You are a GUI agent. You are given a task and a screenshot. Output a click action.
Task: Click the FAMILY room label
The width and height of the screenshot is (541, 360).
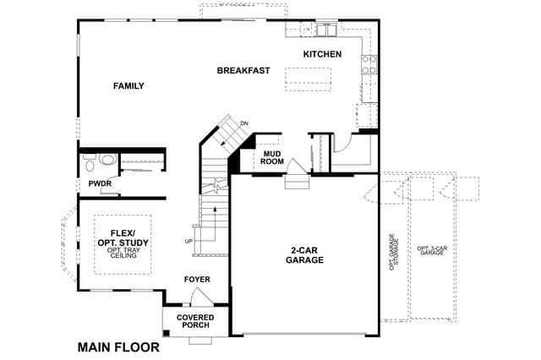tap(128, 86)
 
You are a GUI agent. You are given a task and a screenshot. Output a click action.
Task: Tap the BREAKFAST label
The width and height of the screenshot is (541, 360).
tap(243, 71)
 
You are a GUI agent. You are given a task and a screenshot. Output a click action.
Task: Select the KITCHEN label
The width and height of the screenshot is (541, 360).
tap(323, 54)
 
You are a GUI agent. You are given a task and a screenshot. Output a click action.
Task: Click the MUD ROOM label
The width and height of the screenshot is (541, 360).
tap(272, 157)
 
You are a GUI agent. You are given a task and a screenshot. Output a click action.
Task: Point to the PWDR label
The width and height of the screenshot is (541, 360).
tap(100, 183)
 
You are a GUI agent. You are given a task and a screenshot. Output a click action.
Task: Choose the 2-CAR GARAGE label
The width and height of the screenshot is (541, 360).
tap(304, 255)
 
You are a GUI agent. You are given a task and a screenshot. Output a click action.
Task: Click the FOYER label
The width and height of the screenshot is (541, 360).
tap(197, 280)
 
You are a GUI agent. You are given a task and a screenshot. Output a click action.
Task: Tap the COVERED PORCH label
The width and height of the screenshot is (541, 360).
tap(195, 321)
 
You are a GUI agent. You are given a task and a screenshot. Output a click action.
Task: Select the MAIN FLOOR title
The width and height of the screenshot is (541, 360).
tap(118, 347)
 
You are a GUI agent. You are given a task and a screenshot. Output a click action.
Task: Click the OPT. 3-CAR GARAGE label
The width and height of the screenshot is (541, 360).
tap(432, 251)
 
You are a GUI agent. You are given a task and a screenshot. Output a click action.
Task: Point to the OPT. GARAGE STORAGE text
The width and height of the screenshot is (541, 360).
tap(394, 252)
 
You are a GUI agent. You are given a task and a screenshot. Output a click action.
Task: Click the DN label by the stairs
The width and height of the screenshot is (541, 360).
tap(244, 123)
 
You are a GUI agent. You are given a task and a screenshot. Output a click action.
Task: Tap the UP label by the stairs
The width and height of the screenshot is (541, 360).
tap(189, 242)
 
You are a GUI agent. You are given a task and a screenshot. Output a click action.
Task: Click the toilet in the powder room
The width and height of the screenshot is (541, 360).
tap(90, 163)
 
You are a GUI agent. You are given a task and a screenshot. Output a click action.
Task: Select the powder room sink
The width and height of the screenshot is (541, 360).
tap(107, 160)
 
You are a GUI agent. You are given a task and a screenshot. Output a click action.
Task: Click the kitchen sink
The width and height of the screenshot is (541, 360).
tap(327, 30)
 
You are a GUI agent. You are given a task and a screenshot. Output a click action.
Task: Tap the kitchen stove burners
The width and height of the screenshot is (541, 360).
tap(369, 65)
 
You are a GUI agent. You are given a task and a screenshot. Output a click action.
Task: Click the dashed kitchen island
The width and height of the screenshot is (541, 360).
tap(308, 79)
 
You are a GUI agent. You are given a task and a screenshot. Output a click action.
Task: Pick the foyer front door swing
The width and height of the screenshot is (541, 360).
tap(202, 297)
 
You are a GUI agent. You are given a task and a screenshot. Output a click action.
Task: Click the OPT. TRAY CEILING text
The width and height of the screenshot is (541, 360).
tap(123, 253)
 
